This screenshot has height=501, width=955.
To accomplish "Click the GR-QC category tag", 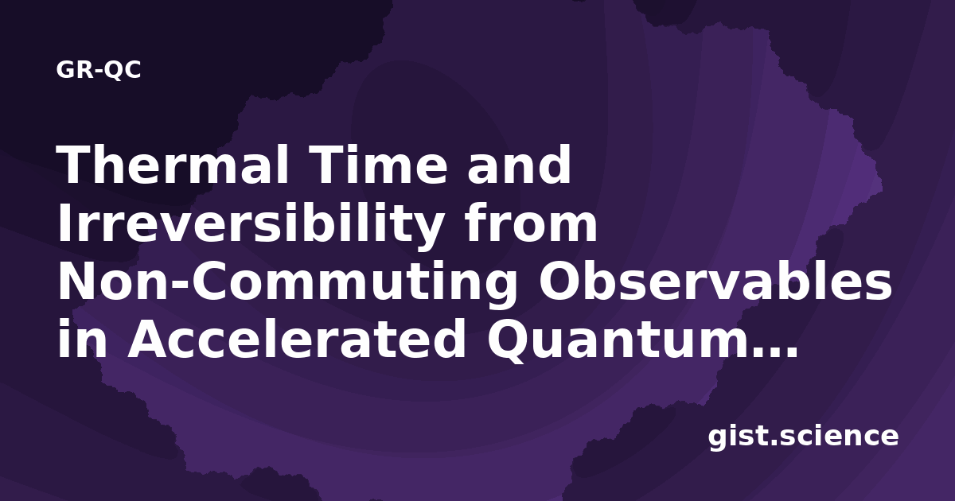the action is (99, 70).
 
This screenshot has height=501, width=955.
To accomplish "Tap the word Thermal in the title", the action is (173, 165).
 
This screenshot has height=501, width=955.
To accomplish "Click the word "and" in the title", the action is (519, 165).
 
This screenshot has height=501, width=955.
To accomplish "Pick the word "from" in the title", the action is (531, 223).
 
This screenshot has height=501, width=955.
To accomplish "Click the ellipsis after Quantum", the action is (778, 351).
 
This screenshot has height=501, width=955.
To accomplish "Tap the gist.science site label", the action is (803, 437).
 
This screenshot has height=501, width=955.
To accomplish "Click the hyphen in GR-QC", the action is (99, 72).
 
